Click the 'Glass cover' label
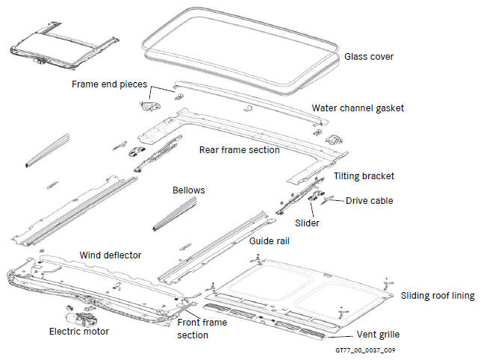coord(369,57)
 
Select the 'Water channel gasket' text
coord(358,108)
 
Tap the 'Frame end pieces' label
coord(109,84)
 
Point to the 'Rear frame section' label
coord(239,149)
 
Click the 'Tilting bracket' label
coord(364,176)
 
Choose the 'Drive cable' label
coord(369,200)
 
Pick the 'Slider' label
coord(307,223)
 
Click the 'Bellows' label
coord(188,190)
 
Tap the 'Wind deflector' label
coord(111,255)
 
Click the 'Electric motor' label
coord(78,331)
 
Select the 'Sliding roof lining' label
coord(438,296)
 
